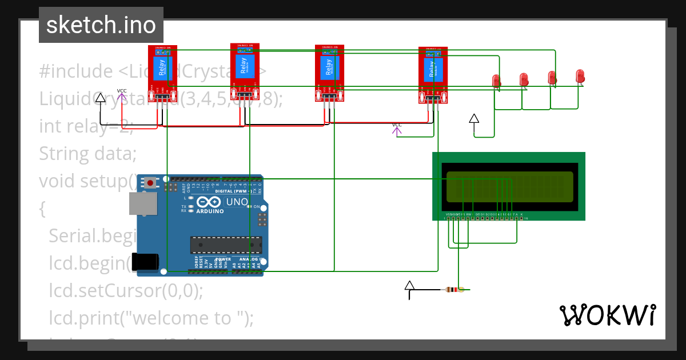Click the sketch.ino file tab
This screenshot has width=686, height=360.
[x=101, y=25]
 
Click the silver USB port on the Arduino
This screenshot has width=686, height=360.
[x=143, y=203]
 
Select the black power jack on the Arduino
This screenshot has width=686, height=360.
[x=145, y=261]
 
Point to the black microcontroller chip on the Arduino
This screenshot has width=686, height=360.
[x=226, y=245]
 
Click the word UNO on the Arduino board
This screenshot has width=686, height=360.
[x=237, y=202]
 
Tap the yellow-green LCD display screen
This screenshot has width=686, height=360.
[x=509, y=187]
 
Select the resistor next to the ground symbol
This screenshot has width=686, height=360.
[x=454, y=290]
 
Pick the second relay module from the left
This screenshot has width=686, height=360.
[x=245, y=72]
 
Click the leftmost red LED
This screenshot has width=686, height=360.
[x=496, y=81]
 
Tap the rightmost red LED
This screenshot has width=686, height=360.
[x=580, y=76]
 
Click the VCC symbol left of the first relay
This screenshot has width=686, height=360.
[x=122, y=94]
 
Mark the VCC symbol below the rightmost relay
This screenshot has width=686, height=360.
[x=397, y=129]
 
